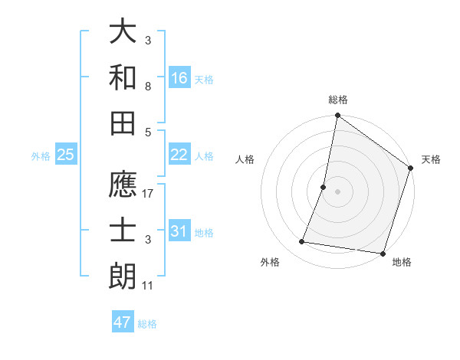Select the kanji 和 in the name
123,77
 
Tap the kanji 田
123,123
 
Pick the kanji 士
123,231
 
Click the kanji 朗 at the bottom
123,277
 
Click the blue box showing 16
179,78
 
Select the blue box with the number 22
179,155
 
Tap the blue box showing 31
179,231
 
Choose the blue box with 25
66,155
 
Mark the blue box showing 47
123,322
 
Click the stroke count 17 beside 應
149,194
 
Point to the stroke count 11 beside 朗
149,286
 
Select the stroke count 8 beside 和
148,87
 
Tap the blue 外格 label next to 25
41,156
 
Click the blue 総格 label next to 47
148,324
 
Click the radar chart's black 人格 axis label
245,160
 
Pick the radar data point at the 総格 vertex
337,116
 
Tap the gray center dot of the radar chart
337,191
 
